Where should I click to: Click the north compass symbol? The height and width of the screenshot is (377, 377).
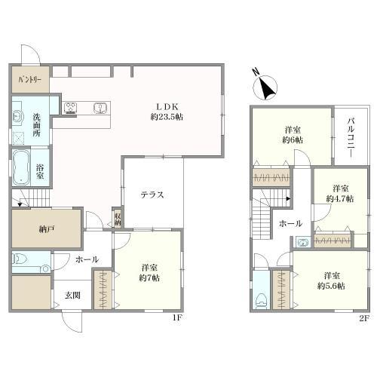click(265, 86)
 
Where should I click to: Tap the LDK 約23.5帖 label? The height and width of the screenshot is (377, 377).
click(167, 112)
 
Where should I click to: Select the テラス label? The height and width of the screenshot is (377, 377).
click(152, 195)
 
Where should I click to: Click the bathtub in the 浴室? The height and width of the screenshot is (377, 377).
click(21, 167)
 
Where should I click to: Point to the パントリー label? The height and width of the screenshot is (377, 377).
click(30, 80)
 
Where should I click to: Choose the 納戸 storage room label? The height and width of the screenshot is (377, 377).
click(47, 229)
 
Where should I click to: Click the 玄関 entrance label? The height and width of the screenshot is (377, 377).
click(72, 295)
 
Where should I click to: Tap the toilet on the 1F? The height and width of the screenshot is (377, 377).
click(20, 259)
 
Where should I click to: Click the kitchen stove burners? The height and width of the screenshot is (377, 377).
click(71, 108)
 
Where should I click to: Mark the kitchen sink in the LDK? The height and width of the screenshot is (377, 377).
click(102, 108)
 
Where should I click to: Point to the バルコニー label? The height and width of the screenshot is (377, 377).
click(351, 138)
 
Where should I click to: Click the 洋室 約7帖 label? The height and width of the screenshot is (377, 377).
click(149, 273)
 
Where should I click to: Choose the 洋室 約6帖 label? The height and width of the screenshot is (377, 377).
click(293, 135)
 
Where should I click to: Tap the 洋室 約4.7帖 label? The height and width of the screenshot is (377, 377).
click(340, 194)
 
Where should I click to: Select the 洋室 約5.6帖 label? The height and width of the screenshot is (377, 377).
click(331, 280)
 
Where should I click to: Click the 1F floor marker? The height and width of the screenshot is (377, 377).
click(177, 317)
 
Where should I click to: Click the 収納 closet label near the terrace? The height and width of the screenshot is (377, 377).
click(118, 219)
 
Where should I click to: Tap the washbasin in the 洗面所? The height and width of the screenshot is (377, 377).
click(17, 116)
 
